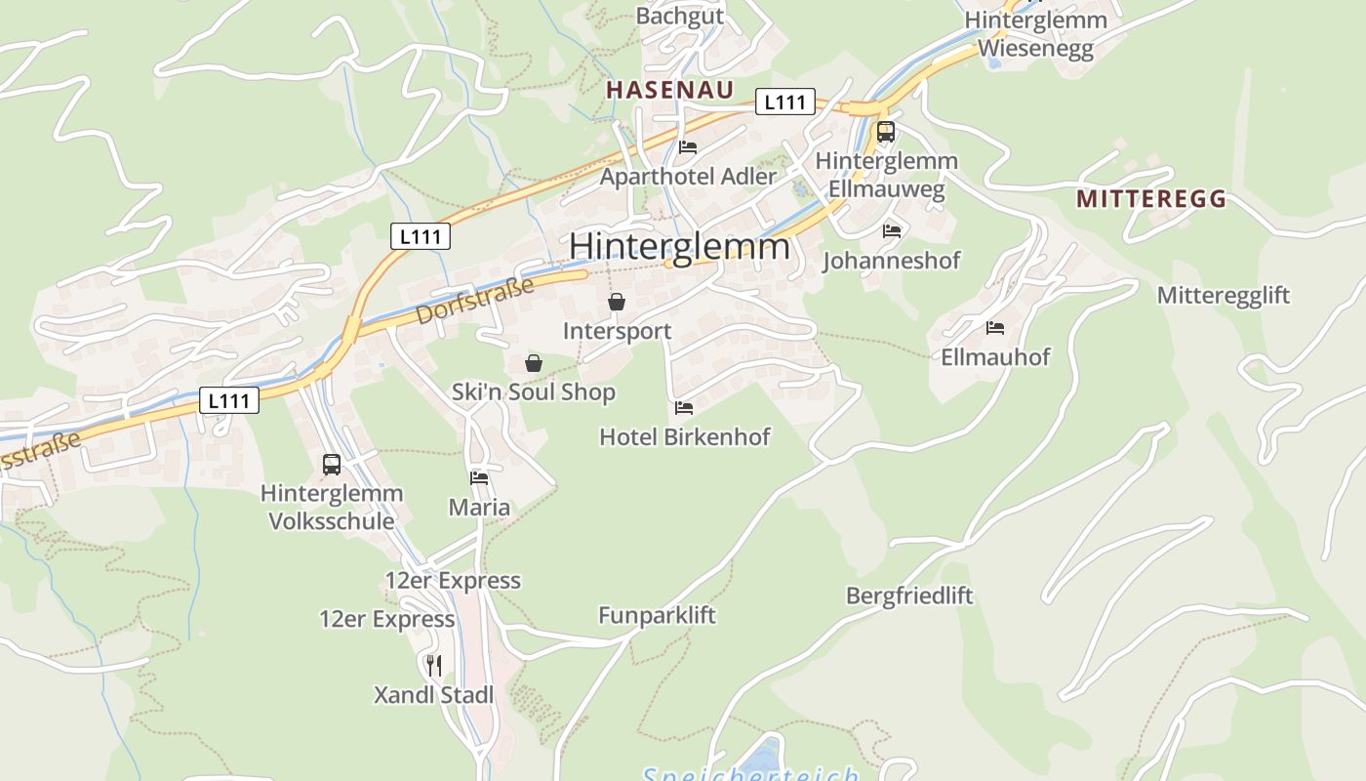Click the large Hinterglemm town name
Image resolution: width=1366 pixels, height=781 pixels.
[x=679, y=246]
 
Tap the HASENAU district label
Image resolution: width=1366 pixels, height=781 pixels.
[x=669, y=91]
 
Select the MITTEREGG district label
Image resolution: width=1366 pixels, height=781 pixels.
[x=1151, y=199]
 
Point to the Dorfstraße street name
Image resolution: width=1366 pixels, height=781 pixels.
[x=475, y=301]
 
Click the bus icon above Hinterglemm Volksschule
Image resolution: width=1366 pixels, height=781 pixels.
[x=332, y=465]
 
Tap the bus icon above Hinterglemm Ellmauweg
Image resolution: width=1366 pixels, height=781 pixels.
[x=885, y=132]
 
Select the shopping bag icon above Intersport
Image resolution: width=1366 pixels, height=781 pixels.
[x=617, y=303]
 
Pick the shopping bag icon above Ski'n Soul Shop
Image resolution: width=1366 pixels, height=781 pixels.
[x=534, y=364]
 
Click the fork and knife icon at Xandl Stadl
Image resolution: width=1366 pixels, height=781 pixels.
[x=434, y=666]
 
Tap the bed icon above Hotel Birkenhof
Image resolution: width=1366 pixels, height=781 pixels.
[x=683, y=408]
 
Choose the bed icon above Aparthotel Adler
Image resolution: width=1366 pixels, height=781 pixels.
[x=688, y=147]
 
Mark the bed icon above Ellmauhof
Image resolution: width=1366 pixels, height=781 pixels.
[x=995, y=328]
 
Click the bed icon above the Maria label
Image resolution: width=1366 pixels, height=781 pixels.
[x=479, y=478]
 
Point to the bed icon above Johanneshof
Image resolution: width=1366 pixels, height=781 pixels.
[x=892, y=231]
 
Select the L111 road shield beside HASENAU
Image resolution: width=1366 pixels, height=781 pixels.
[x=784, y=102]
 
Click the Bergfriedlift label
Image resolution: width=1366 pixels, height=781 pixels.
[x=909, y=596]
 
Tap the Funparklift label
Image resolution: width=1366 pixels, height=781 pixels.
[x=657, y=615]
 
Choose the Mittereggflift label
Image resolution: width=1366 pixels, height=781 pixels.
[x=1224, y=295]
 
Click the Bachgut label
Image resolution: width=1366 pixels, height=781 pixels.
[x=680, y=16]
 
